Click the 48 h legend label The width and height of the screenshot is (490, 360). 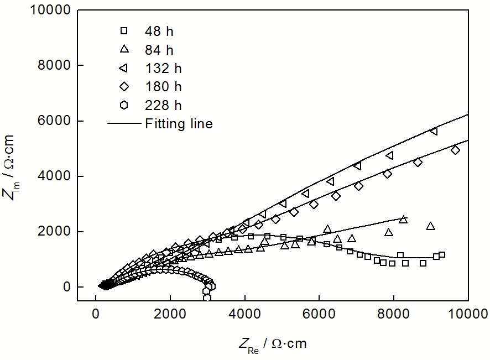[159, 31]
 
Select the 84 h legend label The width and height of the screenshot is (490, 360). [159, 50]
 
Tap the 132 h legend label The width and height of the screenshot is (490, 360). [163, 69]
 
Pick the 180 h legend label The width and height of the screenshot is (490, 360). [163, 87]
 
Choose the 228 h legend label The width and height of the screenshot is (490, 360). [163, 105]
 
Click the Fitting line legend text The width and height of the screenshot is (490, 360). [179, 124]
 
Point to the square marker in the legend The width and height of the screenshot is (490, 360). [124, 30]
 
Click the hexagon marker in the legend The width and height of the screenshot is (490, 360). [124, 105]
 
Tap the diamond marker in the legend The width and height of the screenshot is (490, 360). [124, 86]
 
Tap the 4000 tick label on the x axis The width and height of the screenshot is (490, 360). [244, 315]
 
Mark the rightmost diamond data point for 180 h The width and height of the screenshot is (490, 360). [455, 150]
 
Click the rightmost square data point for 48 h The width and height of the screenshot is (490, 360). [441, 255]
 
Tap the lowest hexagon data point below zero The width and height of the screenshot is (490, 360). [207, 298]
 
